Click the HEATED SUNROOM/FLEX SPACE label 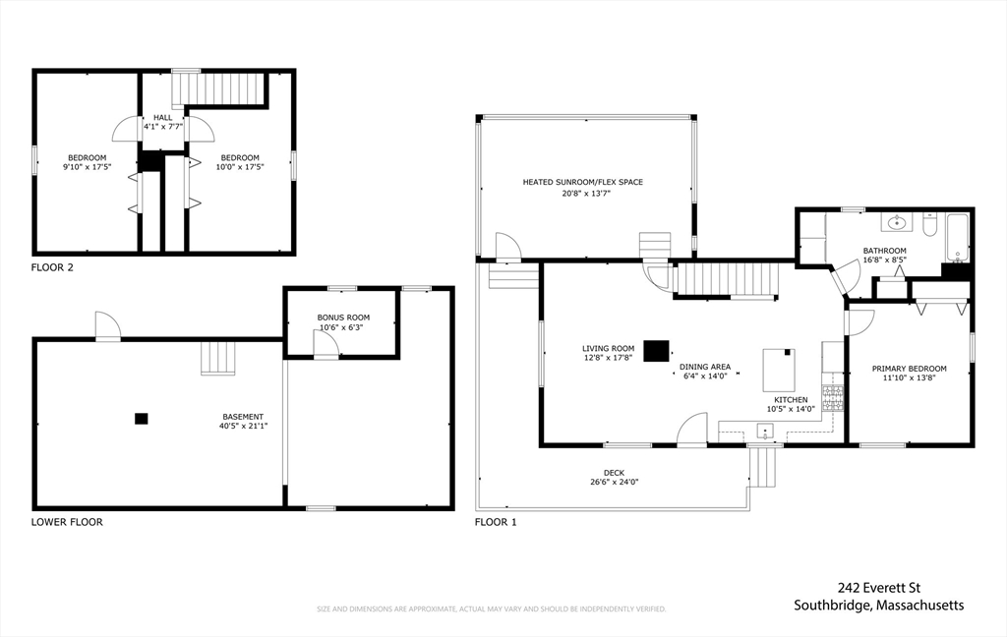(582, 183)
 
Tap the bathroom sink (896, 223)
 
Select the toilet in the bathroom (930, 225)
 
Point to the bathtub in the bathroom (957, 238)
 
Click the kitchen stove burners (833, 398)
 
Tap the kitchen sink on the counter (765, 431)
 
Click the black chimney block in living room (656, 351)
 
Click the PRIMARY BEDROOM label (909, 369)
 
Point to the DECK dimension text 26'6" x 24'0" (614, 483)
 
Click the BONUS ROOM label (343, 318)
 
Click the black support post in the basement (142, 419)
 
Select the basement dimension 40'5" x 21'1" (243, 426)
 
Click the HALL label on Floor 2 (162, 118)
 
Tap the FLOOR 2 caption (52, 267)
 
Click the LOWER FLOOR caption (67, 522)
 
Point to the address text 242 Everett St (878, 588)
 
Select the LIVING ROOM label (608, 349)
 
